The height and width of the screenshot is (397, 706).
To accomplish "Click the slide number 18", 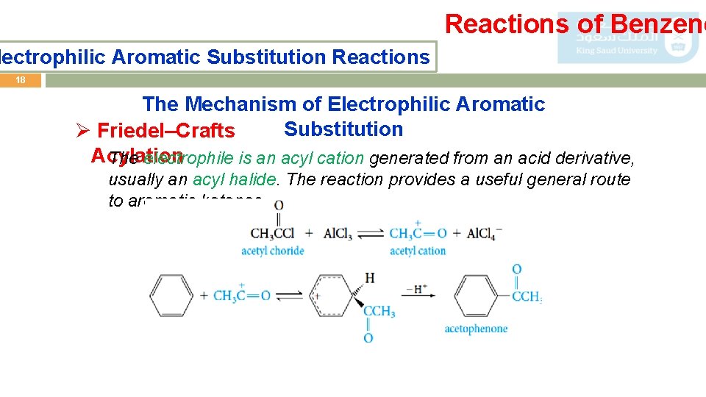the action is click(x=21, y=80).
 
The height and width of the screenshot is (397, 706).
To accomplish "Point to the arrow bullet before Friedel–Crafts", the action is click(x=83, y=131).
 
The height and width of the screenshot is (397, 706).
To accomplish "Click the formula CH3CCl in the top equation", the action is click(x=272, y=234).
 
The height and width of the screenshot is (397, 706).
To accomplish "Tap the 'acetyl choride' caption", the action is click(x=272, y=251).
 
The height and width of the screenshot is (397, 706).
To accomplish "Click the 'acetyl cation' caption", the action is click(x=417, y=251).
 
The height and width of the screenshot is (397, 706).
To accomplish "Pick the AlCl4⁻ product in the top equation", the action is click(x=484, y=234).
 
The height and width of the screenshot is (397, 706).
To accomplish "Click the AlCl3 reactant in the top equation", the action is click(x=338, y=234).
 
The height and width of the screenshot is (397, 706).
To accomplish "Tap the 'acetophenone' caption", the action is click(x=475, y=329).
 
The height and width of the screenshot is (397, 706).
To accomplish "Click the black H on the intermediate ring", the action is click(x=369, y=277).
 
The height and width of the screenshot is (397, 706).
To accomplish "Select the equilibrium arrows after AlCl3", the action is click(x=371, y=234).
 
